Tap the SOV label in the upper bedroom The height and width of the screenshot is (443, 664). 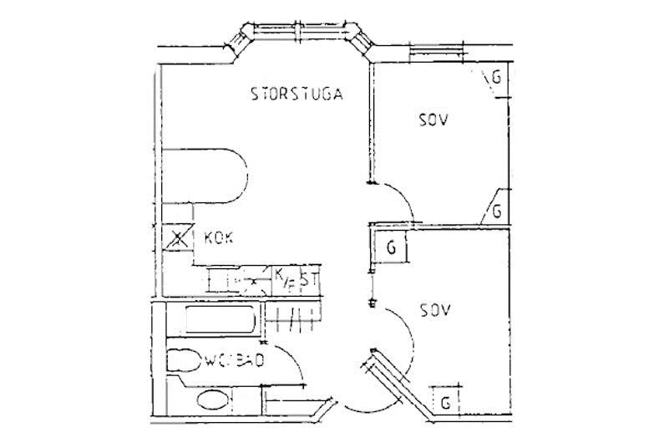tap(433, 120)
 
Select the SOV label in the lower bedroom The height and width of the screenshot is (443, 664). tap(435, 311)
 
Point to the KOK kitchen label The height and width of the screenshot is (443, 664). tap(219, 238)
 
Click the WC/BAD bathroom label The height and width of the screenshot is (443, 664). tap(235, 361)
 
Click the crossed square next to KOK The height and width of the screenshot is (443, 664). tap(177, 239)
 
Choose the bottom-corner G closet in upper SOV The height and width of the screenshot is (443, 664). tap(496, 211)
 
